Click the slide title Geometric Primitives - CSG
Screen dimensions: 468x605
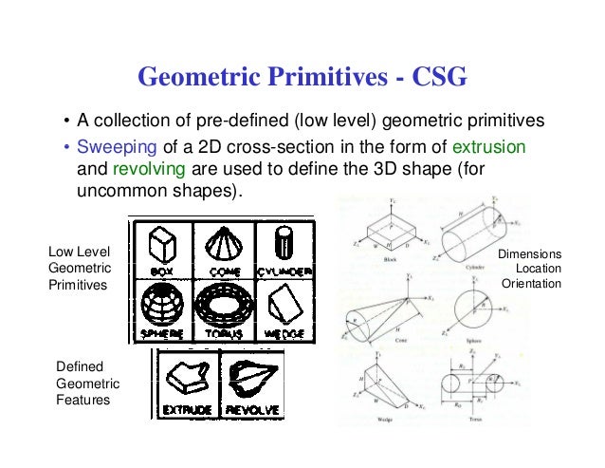302,77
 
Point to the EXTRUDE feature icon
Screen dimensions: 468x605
186,384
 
